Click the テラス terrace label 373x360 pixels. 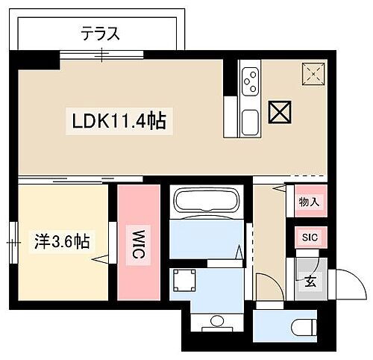(101, 33)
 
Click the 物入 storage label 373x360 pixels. (309, 202)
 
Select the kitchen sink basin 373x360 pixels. (249, 121)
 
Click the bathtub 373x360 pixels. (203, 203)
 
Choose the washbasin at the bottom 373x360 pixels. (217, 323)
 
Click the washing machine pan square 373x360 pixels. (184, 282)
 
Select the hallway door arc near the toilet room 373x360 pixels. (266, 285)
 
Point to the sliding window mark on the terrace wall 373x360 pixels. (102, 53)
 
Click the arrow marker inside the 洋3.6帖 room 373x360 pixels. (98, 259)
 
